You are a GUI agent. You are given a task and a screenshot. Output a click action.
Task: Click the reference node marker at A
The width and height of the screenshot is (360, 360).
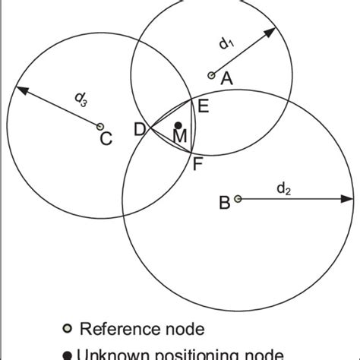tap(211, 75)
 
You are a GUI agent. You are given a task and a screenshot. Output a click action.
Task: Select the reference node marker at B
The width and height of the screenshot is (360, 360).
tap(238, 198)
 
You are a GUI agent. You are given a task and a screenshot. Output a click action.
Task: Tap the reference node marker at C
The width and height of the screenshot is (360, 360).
tap(99, 126)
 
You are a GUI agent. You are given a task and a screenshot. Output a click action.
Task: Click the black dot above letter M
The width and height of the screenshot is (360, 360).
tap(178, 125)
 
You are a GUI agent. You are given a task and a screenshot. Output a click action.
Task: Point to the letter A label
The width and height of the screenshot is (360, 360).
tap(226, 77)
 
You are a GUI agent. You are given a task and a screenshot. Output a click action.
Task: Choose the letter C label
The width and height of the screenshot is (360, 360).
tap(106, 139)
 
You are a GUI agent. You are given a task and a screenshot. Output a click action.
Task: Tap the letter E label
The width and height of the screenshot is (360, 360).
tap(203, 106)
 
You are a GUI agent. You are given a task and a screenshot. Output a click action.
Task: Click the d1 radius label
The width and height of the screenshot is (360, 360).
tap(226, 44)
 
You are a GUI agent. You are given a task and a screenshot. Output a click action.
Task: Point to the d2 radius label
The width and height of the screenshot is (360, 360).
tap(283, 188)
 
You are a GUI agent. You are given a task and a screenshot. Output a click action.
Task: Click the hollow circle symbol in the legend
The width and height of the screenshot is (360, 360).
tap(67, 329)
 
